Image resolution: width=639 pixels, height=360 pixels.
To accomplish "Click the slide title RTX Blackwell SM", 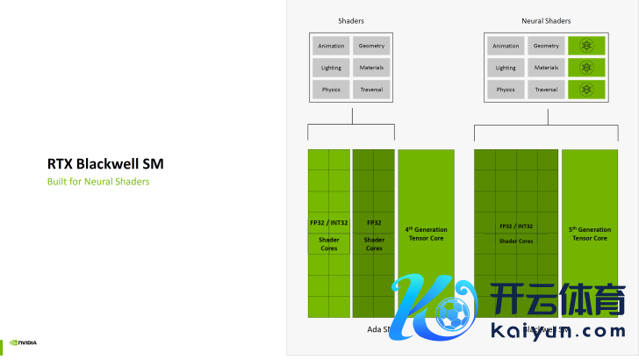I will (x=105, y=163).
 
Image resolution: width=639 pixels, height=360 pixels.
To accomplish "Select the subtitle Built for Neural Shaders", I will (x=98, y=182).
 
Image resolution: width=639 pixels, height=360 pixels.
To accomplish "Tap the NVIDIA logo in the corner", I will (x=23, y=342).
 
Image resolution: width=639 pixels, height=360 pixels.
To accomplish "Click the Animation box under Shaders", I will (x=331, y=46).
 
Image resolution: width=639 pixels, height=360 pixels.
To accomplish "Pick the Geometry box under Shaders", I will (x=371, y=46).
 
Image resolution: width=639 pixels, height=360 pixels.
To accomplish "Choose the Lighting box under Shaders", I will (x=331, y=68).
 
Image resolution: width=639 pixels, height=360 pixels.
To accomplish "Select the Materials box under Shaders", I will (x=371, y=68).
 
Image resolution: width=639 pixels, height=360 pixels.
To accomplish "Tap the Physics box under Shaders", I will (x=331, y=90).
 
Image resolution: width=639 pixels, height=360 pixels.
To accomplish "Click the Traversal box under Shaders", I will (x=371, y=90).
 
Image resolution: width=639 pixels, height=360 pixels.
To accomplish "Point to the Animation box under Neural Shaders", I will (x=506, y=46).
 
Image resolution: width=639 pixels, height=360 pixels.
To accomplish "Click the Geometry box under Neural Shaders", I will (x=546, y=46).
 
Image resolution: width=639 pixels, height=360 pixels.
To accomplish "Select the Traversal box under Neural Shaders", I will (x=546, y=90).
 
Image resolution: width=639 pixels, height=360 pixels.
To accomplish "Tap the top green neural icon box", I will (x=587, y=46).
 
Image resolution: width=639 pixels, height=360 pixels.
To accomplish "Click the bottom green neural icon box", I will (x=587, y=90).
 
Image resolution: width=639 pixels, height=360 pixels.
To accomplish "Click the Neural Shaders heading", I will (x=545, y=19).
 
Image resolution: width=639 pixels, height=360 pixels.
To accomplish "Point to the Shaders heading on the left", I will (x=351, y=19).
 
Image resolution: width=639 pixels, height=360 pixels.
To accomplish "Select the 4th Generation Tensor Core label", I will (x=426, y=234).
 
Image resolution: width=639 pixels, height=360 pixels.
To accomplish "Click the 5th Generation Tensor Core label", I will (x=589, y=234).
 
